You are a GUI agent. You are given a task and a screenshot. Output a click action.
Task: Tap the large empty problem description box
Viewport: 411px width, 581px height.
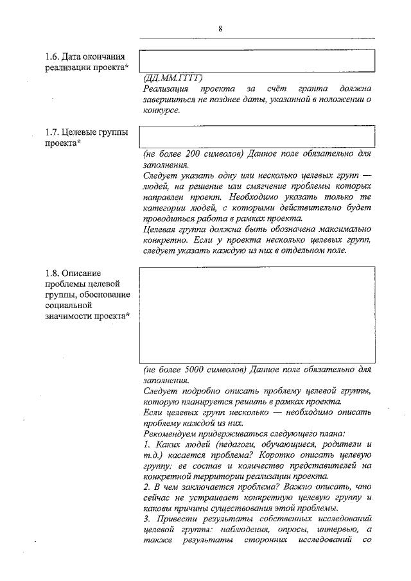pyautogui.click(x=257, y=315)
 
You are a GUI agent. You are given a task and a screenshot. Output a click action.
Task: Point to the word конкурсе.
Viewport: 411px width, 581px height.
pyautogui.click(x=161, y=110)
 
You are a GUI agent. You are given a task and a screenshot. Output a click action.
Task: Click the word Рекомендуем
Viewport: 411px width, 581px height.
pyautogui.click(x=173, y=434)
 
